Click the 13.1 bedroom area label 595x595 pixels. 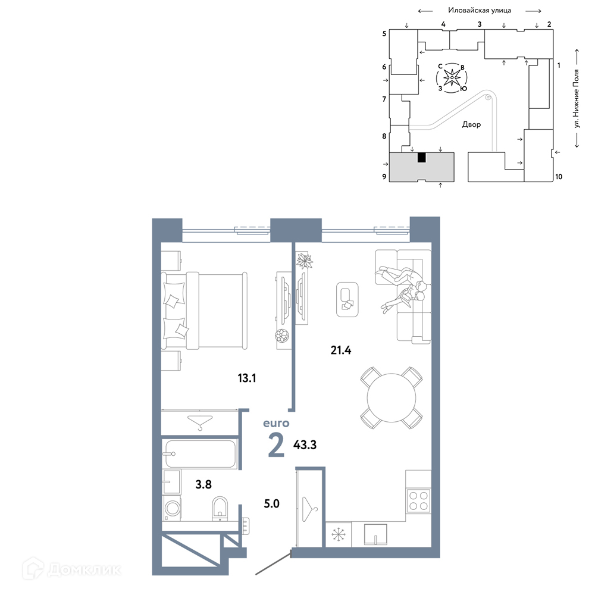247,378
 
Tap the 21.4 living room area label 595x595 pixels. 341,350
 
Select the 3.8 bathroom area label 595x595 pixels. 203,484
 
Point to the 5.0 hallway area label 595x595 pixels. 272,503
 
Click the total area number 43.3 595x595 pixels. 305,444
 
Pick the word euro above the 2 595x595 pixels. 276,423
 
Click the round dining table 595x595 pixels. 392,397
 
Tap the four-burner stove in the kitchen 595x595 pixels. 418,500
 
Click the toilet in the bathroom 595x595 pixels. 220,509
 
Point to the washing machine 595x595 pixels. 172,508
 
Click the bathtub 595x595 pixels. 199,453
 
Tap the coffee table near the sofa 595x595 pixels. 347,299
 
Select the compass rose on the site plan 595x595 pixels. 452,78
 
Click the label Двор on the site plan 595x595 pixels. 471,124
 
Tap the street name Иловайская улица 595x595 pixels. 479,11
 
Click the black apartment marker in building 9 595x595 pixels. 421,158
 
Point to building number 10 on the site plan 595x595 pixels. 559,177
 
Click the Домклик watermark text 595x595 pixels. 84,569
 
